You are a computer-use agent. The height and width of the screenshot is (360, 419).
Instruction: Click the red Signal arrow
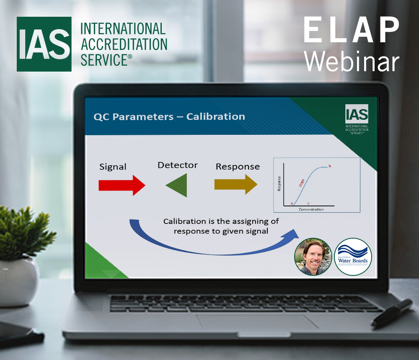point(122,185)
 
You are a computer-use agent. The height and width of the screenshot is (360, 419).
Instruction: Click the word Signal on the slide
point(113,167)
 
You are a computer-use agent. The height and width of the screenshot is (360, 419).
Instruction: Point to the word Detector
point(177,165)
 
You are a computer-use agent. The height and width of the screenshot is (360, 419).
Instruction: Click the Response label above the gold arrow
point(238,167)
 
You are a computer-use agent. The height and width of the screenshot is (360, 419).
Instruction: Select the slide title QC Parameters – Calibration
point(169,116)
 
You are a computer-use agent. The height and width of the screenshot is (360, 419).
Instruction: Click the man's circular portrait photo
point(313,257)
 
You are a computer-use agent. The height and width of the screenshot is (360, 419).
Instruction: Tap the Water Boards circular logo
point(353,257)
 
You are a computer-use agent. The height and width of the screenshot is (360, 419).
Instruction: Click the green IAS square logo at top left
point(44,44)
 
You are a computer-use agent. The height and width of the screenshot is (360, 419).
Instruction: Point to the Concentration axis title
point(311,209)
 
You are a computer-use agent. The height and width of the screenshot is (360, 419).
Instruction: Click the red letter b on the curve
point(330,167)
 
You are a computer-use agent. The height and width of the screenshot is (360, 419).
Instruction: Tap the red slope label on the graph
point(301,183)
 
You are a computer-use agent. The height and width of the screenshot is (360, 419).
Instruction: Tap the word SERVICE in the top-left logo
point(103,59)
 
